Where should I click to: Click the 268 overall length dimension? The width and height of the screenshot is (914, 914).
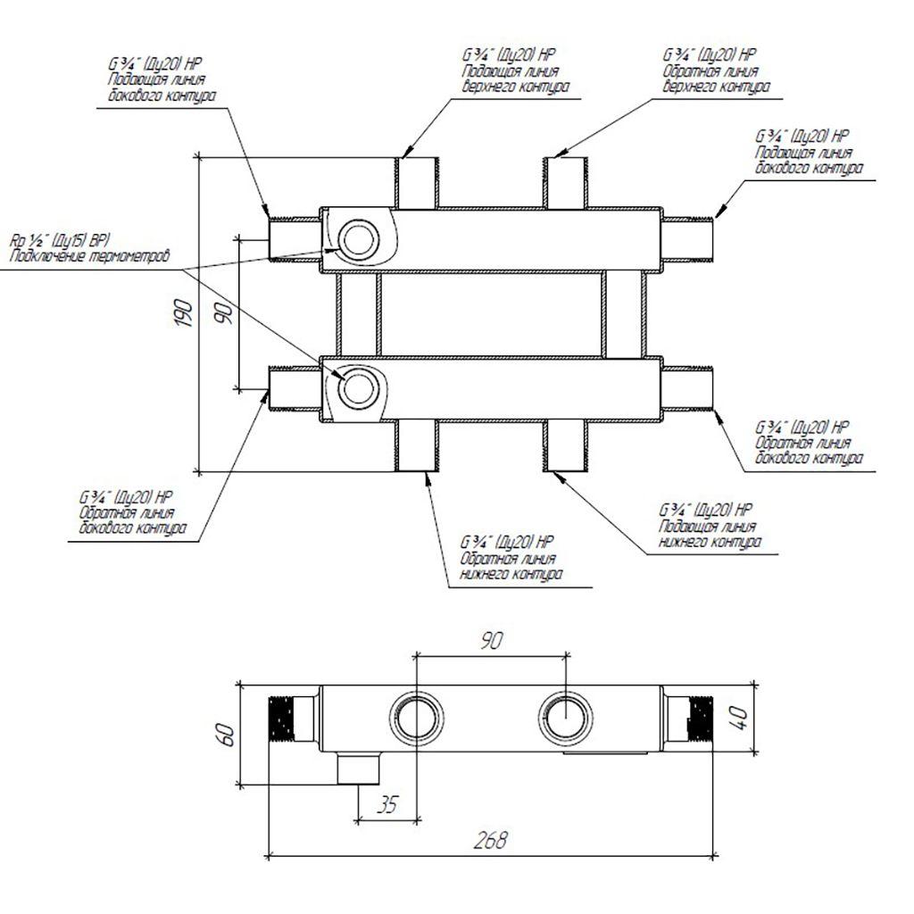coord(490,840)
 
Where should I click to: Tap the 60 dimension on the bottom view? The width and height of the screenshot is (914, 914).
coord(226,735)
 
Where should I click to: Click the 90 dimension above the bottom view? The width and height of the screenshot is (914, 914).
coord(492,641)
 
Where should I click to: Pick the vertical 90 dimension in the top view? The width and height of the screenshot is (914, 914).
coord(224,313)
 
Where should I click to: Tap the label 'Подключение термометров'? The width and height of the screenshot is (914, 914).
coord(90,256)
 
